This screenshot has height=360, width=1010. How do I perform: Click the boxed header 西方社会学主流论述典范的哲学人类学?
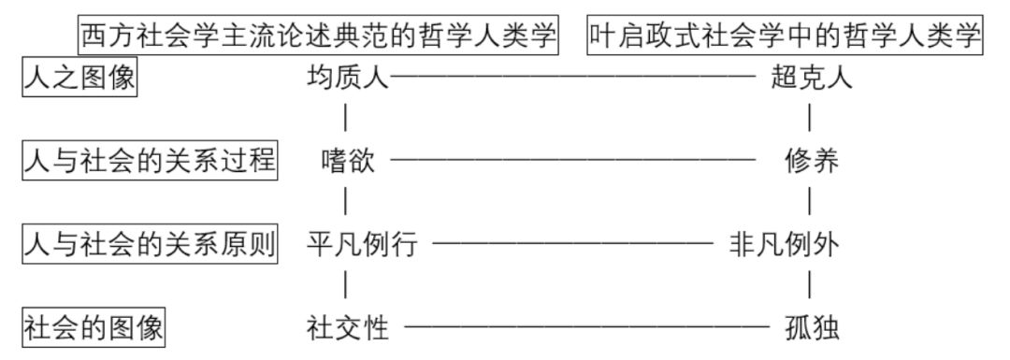pyautogui.click(x=319, y=36)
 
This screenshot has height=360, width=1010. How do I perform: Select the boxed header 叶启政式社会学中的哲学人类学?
pyautogui.click(x=786, y=36)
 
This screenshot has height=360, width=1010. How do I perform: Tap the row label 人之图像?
pyautogui.click(x=79, y=79)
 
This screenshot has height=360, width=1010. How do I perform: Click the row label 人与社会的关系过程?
pyautogui.click(x=150, y=161)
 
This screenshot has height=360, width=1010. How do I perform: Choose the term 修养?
pyautogui.click(x=812, y=162)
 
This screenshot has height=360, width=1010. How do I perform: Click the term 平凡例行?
pyautogui.click(x=361, y=245)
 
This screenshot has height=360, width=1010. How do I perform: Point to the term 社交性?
pyautogui.click(x=347, y=327)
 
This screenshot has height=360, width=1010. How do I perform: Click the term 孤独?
pyautogui.click(x=812, y=327)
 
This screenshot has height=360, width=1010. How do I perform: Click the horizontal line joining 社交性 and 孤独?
pyautogui.click(x=585, y=328)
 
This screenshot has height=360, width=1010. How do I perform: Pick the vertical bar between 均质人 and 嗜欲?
pyautogui.click(x=347, y=119)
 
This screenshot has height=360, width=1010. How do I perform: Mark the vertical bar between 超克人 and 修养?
pyautogui.click(x=809, y=119)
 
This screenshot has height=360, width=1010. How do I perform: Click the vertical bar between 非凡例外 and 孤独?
pyautogui.click(x=809, y=284)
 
